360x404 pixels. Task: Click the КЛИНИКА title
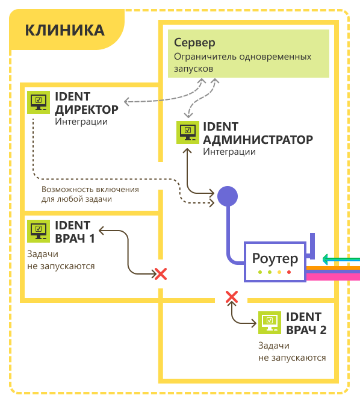(64, 30)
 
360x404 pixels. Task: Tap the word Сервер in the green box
(194, 43)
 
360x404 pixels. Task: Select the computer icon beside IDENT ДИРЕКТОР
(39, 102)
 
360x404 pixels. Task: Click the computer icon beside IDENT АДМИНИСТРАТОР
(188, 132)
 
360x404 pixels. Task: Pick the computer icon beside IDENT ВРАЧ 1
(39, 231)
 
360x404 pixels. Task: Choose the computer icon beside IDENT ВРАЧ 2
(270, 323)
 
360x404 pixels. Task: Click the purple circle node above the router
(228, 196)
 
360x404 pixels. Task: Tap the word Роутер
(275, 258)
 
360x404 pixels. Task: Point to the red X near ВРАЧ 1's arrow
(161, 274)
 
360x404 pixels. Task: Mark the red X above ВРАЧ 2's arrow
(232, 297)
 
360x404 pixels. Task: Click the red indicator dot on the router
(289, 272)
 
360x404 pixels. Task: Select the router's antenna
(312, 246)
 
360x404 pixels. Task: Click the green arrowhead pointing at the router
(325, 259)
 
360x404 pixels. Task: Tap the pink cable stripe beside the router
(333, 277)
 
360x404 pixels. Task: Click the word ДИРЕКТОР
(87, 110)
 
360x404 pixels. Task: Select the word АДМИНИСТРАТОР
(258, 140)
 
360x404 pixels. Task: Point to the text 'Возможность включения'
(90, 190)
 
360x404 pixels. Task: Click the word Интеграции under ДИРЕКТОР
(81, 122)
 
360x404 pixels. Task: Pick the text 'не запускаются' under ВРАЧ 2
(292, 358)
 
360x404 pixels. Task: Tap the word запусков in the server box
(193, 69)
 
